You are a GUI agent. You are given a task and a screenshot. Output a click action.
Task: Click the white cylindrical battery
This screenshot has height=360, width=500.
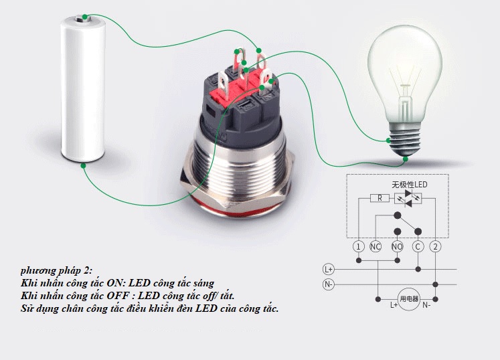point(83,88)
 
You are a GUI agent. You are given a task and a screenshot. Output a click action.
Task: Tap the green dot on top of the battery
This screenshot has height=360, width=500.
point(84,17)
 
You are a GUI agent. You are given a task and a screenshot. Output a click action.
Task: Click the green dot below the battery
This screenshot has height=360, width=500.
point(83,165)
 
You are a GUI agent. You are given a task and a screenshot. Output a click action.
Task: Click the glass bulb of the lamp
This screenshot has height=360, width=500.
point(405,74)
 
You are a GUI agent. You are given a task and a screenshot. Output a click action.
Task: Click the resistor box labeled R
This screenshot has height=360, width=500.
point(380,198)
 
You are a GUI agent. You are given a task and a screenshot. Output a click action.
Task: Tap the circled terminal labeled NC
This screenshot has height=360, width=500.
point(376,246)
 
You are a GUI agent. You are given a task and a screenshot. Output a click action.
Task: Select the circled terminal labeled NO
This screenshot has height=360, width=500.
point(397,246)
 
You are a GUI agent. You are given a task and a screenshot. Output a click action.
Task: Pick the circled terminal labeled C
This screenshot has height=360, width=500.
point(418,246)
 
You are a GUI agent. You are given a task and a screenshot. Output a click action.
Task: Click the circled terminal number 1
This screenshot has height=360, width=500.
point(358,246)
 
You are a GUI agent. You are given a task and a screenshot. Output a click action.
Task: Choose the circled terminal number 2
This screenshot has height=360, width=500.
point(436,246)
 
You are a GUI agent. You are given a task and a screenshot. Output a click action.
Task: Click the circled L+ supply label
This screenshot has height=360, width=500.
point(329,270)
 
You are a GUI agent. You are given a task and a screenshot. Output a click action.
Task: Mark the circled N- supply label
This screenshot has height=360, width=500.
point(329,284)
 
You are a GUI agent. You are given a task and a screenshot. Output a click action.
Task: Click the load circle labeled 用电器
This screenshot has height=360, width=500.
point(409,299)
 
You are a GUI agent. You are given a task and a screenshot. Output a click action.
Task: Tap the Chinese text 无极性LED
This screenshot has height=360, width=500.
point(410,185)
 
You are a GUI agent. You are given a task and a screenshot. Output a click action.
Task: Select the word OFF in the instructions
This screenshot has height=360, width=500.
point(118,296)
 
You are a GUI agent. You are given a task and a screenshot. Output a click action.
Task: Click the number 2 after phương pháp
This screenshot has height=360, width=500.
point(87,271)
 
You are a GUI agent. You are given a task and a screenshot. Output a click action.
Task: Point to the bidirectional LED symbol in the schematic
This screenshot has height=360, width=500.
point(408,198)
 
